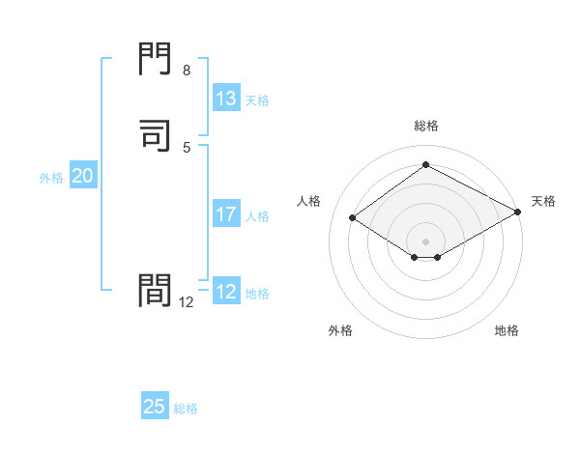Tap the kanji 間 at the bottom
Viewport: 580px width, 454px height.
click(156, 290)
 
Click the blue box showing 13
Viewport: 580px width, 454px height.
click(226, 99)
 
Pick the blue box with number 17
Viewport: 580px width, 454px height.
click(226, 214)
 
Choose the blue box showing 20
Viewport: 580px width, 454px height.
click(82, 176)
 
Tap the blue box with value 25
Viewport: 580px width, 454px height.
click(155, 407)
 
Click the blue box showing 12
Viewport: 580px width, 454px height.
click(226, 292)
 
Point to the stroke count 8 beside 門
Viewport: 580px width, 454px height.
click(187, 71)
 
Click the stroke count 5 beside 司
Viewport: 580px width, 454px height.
click(187, 147)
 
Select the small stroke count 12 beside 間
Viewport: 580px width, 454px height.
click(187, 302)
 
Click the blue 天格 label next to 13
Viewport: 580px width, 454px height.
click(257, 100)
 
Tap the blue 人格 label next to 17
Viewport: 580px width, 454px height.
click(257, 216)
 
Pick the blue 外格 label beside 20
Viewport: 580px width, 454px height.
click(51, 178)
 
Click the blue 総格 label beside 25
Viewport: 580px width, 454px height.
click(186, 409)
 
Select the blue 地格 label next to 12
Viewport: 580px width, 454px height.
click(257, 294)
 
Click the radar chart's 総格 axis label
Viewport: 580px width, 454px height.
click(425, 126)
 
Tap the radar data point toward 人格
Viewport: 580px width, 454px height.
click(353, 218)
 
